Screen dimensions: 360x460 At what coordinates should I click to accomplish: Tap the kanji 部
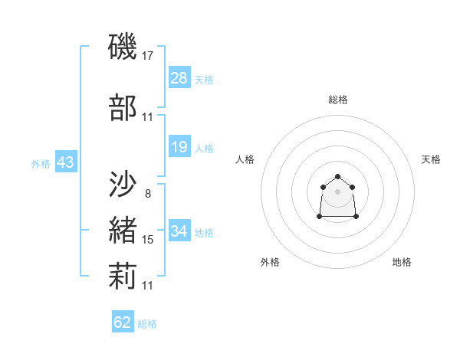pos(123,107)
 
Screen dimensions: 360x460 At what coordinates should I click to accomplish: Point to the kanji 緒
pos(123,230)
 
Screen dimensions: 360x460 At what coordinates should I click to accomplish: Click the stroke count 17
pos(148,56)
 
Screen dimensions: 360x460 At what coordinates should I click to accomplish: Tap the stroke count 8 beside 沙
pos(147,193)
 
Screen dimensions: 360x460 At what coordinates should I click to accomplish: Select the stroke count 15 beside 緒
pos(148,240)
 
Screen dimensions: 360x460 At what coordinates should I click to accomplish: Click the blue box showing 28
pos(179,78)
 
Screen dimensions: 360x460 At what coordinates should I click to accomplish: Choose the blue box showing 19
pos(179,147)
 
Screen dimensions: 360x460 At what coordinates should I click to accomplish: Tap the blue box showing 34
pos(179,231)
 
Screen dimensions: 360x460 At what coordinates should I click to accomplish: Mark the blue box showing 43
pos(65,162)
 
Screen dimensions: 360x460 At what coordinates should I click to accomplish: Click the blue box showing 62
pos(123,322)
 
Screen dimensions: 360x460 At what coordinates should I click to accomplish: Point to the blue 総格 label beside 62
pos(147,324)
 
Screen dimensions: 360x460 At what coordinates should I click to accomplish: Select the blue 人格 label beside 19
pos(204,148)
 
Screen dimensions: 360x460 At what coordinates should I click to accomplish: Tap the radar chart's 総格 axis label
pos(338,100)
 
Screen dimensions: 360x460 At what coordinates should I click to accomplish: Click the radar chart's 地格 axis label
pos(402,262)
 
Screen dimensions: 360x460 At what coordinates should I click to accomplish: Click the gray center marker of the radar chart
pos(337,191)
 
